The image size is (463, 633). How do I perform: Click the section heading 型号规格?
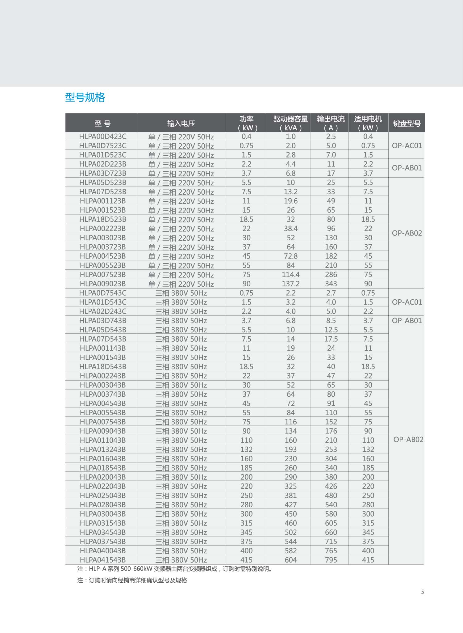click(85, 98)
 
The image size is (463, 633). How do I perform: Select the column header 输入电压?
click(181, 124)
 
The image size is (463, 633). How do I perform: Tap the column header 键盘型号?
click(407, 124)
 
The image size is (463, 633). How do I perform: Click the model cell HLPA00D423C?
click(103, 137)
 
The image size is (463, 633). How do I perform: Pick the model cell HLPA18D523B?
click(103, 219)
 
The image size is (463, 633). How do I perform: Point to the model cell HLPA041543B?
click(103, 560)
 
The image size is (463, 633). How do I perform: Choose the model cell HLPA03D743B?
click(103, 321)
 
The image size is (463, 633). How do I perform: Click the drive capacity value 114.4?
click(290, 275)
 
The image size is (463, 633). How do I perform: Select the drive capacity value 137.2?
click(290, 284)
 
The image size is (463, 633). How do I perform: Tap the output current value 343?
click(331, 284)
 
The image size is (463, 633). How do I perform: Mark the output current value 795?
click(331, 560)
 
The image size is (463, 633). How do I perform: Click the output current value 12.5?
click(331, 330)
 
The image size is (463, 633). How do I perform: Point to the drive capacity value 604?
click(290, 560)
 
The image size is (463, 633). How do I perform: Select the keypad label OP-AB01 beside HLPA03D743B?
click(407, 321)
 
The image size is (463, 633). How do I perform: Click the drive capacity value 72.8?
click(290, 256)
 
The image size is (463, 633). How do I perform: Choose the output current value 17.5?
click(331, 339)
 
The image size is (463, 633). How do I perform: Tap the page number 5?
click(423, 592)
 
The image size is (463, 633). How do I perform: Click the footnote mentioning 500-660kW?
click(175, 569)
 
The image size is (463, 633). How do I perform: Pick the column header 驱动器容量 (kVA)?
click(290, 123)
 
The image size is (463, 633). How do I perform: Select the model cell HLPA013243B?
click(103, 449)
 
